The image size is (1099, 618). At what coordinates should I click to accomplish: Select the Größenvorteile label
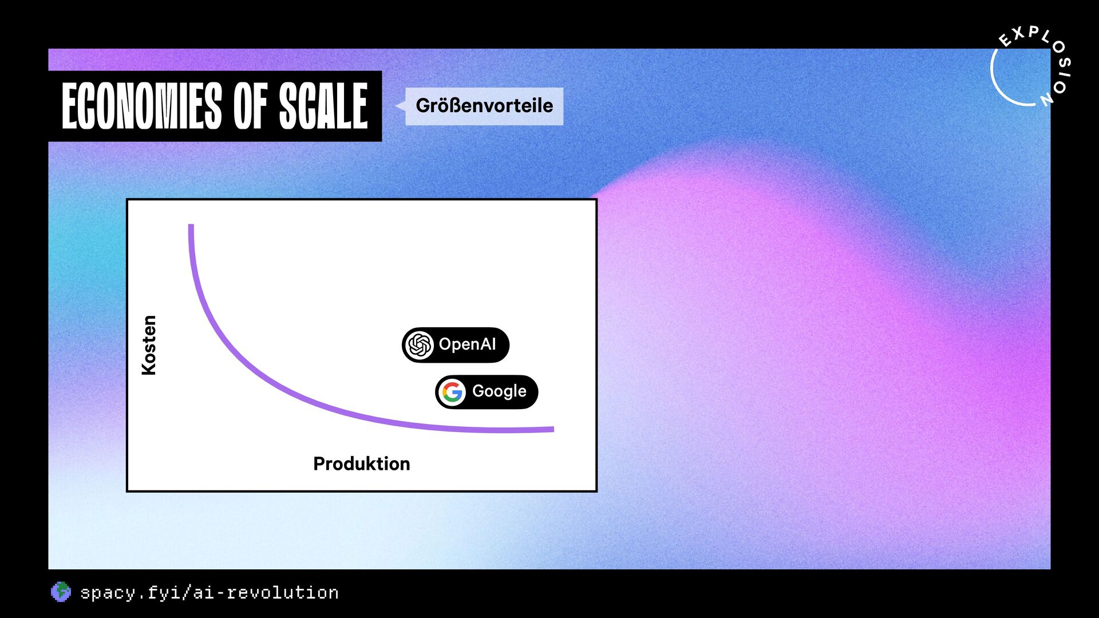(x=484, y=106)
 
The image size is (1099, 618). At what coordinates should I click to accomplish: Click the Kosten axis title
(x=149, y=345)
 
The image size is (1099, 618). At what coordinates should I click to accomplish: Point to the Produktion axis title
(x=362, y=463)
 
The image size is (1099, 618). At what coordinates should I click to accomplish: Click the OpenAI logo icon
(x=419, y=345)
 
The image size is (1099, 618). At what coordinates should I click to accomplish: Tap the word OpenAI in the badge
(x=467, y=344)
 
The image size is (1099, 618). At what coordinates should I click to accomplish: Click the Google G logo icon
(x=452, y=393)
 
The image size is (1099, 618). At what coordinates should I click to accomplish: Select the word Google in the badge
(x=499, y=392)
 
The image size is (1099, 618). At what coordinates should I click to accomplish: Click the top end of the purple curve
(x=191, y=225)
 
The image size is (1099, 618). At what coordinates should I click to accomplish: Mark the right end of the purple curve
(x=552, y=429)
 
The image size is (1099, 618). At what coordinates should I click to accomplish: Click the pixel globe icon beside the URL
(x=61, y=592)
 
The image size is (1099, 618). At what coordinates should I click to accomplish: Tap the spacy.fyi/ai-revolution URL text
(x=209, y=593)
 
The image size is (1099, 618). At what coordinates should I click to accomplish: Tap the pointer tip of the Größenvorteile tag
(x=396, y=106)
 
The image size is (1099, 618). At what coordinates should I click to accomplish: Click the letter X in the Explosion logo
(x=1018, y=33)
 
